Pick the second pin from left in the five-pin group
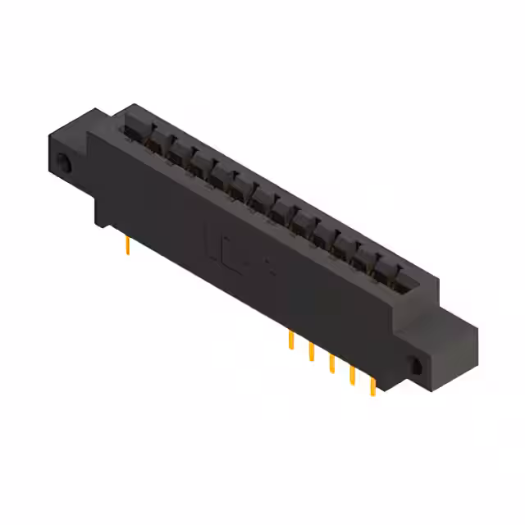pyautogui.click(x=312, y=351)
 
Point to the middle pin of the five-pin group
pyautogui.click(x=332, y=363)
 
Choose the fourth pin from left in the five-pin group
pyautogui.click(x=353, y=374)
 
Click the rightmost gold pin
pyautogui.click(x=373, y=386)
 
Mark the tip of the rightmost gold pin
pyautogui.click(x=374, y=394)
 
